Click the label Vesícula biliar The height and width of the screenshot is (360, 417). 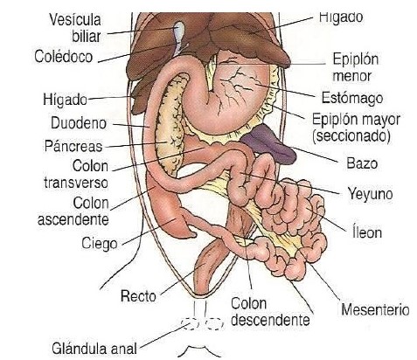[x=75, y=28]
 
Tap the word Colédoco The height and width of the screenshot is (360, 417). [x=64, y=56]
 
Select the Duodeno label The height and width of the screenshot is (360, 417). [x=79, y=123]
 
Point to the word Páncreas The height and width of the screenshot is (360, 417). [x=73, y=146]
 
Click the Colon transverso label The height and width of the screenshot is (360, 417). [x=76, y=175]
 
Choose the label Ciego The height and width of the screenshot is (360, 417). [x=100, y=243]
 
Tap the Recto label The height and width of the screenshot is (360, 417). [x=138, y=296]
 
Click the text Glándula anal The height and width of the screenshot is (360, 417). [x=94, y=349]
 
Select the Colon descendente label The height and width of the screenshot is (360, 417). [x=270, y=312]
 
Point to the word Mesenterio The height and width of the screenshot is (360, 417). [x=375, y=309]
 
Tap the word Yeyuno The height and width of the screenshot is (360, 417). [x=370, y=194]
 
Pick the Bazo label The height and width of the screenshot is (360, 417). [x=362, y=163]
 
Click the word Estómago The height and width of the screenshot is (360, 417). [x=352, y=98]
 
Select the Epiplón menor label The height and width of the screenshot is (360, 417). [x=356, y=67]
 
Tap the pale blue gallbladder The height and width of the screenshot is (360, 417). [x=179, y=32]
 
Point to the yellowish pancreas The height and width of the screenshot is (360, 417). [x=171, y=122]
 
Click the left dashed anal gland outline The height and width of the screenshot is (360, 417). [x=190, y=323]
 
